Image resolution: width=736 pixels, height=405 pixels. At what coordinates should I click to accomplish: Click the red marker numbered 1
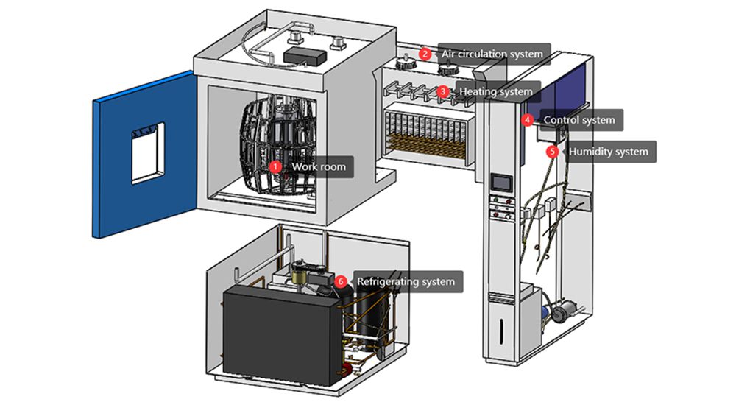(x=275, y=167)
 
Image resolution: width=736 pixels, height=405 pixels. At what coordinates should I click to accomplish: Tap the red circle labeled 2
(x=425, y=53)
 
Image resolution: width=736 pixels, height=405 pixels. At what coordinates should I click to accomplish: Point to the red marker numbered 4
(x=527, y=119)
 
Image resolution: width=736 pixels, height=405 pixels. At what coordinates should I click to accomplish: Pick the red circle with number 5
(x=552, y=152)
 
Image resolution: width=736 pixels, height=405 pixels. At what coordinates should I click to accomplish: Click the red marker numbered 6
(x=340, y=281)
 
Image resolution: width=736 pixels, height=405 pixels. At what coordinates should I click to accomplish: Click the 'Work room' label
(x=318, y=167)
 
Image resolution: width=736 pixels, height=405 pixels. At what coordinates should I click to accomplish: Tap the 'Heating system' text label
(x=495, y=92)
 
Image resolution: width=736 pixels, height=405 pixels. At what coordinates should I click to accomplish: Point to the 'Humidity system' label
(x=608, y=152)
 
